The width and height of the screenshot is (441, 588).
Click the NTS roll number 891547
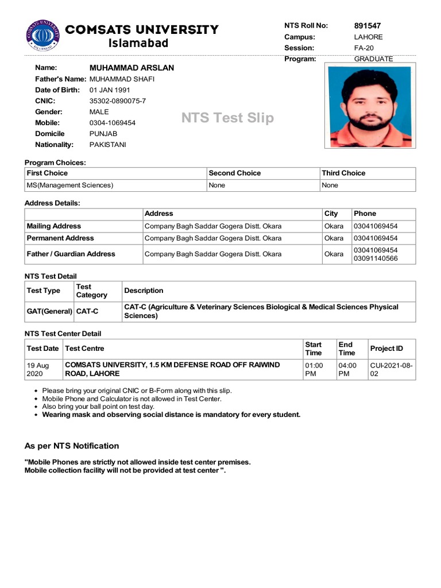point(367,26)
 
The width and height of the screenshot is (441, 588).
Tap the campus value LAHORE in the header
point(368,37)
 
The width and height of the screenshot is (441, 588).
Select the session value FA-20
point(363,48)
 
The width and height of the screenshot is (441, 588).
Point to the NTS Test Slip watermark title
point(227,118)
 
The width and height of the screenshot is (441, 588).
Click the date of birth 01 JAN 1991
point(110,90)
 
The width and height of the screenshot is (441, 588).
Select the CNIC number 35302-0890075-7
point(118,101)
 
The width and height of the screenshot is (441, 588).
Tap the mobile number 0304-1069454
point(113,123)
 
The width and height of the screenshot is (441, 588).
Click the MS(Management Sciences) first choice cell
point(70,185)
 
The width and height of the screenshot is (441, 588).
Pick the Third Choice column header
point(343,173)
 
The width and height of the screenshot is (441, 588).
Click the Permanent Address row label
point(60,238)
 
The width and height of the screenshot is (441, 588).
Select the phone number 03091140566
point(376,258)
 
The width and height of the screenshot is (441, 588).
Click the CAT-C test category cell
point(87,311)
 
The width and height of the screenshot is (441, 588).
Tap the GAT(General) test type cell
point(49,311)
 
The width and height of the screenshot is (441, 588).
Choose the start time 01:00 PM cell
point(314,369)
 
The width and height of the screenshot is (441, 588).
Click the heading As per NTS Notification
point(72,446)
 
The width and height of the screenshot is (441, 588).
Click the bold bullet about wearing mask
point(171,415)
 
